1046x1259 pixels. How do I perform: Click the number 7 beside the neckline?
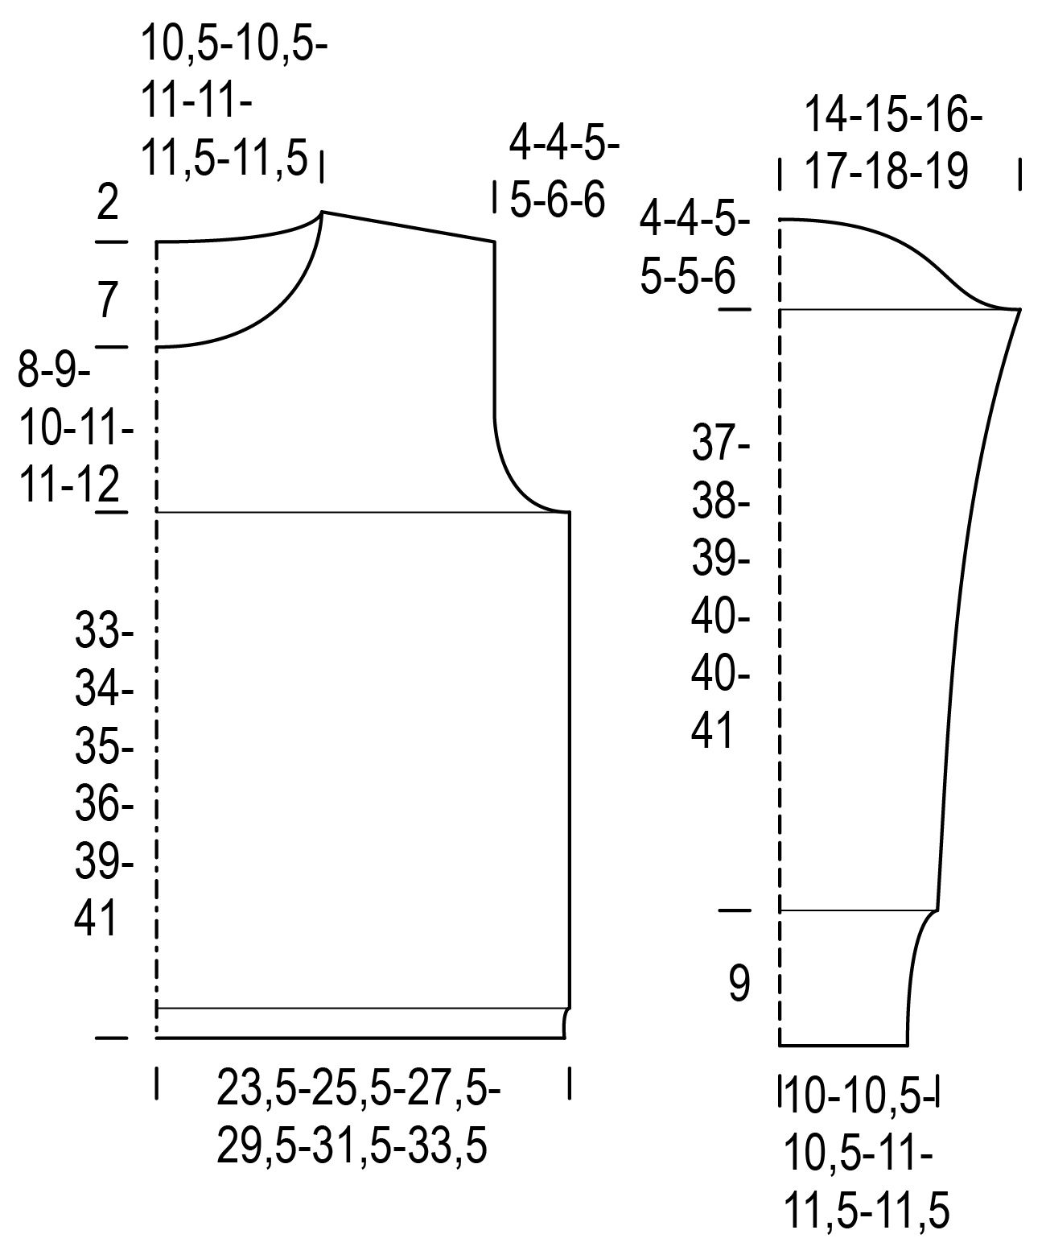107,299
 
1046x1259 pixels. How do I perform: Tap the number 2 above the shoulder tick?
107,202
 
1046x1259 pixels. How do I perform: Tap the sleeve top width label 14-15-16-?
893,115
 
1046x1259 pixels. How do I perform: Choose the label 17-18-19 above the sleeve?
886,171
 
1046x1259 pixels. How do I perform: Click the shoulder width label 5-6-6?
557,200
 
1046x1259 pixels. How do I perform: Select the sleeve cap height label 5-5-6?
687,277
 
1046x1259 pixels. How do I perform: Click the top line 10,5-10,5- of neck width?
234,43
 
